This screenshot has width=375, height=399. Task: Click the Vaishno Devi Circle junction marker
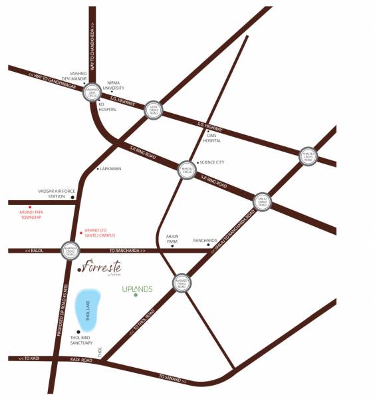click(92, 92)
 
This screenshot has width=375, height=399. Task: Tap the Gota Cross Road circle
click(152, 107)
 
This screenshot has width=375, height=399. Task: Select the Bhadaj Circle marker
click(186, 170)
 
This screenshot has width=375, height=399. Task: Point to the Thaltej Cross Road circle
click(308, 156)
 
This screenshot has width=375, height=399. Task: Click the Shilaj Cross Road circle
click(264, 203)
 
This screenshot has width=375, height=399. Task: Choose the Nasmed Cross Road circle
click(182, 283)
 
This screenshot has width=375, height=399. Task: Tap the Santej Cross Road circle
click(69, 250)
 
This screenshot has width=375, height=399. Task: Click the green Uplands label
click(138, 289)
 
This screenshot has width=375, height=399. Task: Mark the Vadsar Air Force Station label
click(52, 194)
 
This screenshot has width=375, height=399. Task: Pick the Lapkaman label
click(110, 169)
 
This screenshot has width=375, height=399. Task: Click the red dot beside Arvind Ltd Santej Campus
click(80, 233)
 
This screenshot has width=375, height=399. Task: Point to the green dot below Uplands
click(136, 295)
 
